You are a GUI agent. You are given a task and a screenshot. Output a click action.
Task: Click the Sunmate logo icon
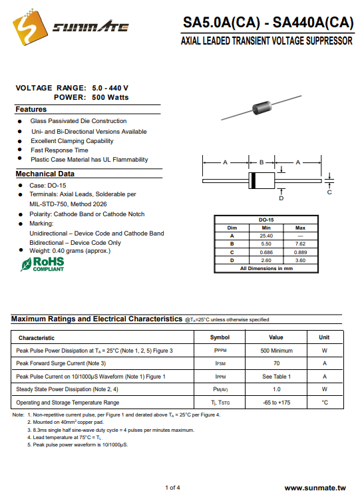coord(30,27)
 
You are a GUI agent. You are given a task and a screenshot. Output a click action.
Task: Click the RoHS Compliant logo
coord(43,264)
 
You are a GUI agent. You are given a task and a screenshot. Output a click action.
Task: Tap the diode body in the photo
coord(262,107)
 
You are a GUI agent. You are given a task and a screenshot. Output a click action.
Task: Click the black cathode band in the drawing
coord(253,180)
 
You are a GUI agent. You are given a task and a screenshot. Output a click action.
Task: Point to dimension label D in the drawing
coord(281,198)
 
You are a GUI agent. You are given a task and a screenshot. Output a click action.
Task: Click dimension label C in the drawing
coord(329,192)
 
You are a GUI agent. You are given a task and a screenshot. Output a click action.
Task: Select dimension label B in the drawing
coord(262,162)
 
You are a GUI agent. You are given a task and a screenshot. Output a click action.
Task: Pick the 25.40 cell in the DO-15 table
coord(266,236)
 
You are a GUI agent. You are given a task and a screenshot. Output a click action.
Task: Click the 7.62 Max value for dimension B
coord(300,244)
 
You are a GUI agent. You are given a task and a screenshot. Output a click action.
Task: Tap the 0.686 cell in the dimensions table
coord(266,252)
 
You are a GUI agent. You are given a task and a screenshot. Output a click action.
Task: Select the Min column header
coord(266,228)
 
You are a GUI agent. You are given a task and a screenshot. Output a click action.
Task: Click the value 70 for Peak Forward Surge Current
coord(276,363)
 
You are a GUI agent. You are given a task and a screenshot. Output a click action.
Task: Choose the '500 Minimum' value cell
coord(276,351)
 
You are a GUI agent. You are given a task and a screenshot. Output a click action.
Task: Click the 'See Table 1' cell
coord(276,377)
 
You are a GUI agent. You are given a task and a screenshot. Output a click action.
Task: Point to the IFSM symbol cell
coord(220,363)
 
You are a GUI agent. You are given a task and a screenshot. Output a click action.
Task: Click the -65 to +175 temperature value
coord(276,403)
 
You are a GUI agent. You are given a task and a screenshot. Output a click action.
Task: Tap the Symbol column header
coord(220,337)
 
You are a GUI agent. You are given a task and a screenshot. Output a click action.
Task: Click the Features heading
coord(31,109)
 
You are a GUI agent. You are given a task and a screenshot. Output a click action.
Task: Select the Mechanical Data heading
coord(45,174)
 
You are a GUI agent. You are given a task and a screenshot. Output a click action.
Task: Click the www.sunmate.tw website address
coord(315,488)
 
